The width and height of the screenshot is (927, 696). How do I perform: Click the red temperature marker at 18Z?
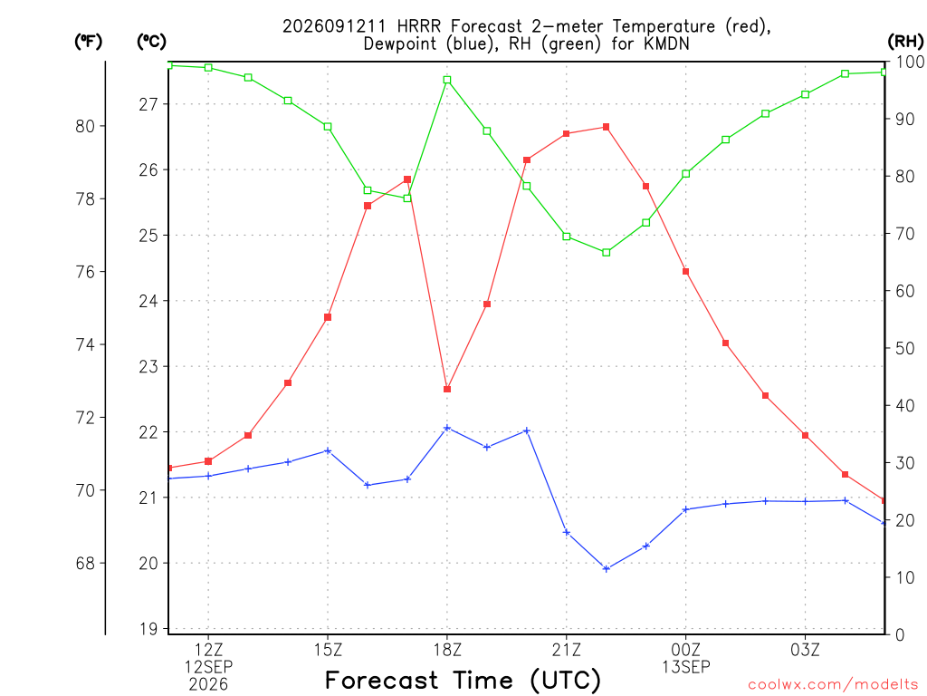(447, 390)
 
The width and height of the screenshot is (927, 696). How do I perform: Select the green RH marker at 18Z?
(447, 80)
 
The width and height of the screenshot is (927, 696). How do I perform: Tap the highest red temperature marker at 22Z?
(606, 127)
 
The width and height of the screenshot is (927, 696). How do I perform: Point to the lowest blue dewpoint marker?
(606, 569)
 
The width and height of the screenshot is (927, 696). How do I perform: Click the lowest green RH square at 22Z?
(606, 253)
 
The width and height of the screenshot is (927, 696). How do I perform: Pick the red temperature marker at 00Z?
(686, 272)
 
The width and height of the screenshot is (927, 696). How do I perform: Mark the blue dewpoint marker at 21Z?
(567, 533)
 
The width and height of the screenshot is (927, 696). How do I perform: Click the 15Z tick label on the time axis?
(328, 651)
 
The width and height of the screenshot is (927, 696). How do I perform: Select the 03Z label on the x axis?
(805, 651)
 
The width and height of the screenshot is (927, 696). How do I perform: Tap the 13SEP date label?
(686, 667)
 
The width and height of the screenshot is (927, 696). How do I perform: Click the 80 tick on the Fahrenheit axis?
(85, 126)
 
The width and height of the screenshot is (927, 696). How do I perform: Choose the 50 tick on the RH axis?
(904, 348)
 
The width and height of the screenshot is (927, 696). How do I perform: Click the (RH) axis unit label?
(905, 41)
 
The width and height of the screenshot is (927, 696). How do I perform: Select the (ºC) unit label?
(151, 41)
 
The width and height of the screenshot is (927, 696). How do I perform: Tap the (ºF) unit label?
(88, 41)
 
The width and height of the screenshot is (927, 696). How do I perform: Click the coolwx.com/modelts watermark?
(833, 684)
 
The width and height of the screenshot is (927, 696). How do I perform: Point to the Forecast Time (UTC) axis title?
(463, 681)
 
